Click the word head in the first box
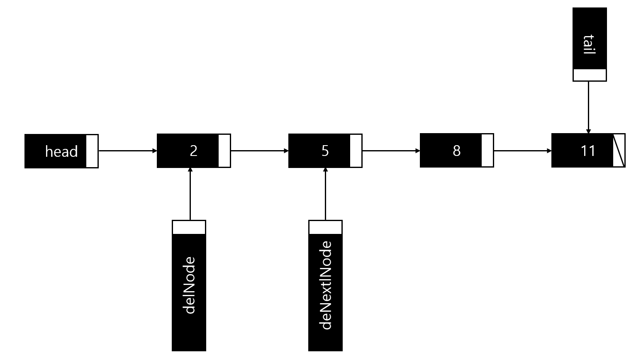61,151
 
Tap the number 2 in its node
193,151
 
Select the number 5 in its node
325,151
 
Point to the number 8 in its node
456,151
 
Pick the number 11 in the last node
588,151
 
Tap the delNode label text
189,285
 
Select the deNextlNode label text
326,285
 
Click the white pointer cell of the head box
92,151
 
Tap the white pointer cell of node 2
224,151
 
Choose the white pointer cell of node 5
356,151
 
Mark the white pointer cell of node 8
487,151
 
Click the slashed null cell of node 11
619,151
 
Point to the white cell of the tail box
589,75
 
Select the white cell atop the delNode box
189,227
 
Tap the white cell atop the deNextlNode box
325,227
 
